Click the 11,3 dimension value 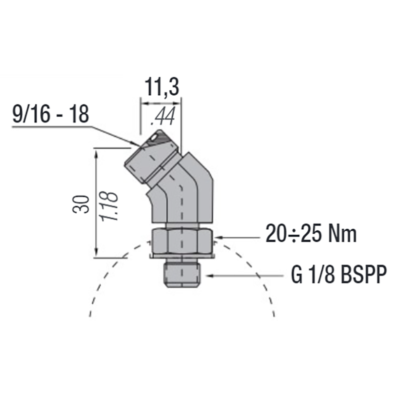(x=162, y=87)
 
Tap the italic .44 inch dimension (x=163, y=117)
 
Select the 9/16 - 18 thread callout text (x=51, y=114)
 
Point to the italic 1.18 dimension (x=110, y=205)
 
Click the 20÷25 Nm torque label (x=311, y=234)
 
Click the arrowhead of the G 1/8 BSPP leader (x=207, y=276)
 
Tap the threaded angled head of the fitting (x=151, y=156)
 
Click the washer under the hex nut (x=182, y=256)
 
